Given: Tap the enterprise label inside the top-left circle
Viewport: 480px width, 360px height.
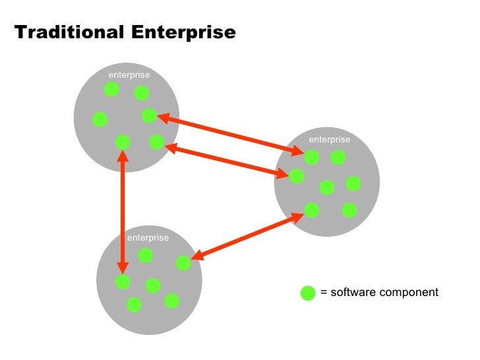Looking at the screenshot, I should tap(129, 75).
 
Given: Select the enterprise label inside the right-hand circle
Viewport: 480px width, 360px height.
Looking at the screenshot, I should tap(330, 139).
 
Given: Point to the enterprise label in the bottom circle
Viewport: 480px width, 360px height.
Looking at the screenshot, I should tap(148, 237).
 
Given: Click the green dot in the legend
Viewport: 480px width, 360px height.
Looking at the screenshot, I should tap(308, 293).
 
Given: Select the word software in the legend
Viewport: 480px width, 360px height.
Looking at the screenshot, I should tap(351, 292).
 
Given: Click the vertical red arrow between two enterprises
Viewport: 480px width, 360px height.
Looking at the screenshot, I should tap(123, 211).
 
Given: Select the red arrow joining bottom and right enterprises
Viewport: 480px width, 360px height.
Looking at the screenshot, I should tap(247, 238).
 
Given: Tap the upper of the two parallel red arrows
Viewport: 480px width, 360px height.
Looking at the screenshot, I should tap(231, 135).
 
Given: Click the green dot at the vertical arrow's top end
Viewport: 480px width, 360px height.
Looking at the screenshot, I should tap(123, 142).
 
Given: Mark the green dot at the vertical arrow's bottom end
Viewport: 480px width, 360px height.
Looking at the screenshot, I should tap(123, 282).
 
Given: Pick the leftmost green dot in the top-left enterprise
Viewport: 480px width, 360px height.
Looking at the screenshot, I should tap(100, 119).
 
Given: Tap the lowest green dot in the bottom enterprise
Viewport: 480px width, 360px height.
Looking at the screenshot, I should tap(134, 305).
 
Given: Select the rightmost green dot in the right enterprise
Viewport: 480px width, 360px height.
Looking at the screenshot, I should tap(353, 183).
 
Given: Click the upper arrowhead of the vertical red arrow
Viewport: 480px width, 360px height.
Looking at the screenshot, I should tap(123, 157).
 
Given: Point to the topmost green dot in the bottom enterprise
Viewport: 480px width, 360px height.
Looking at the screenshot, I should tap(145, 255).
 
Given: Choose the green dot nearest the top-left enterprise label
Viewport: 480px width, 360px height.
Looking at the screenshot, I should tap(111, 89).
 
